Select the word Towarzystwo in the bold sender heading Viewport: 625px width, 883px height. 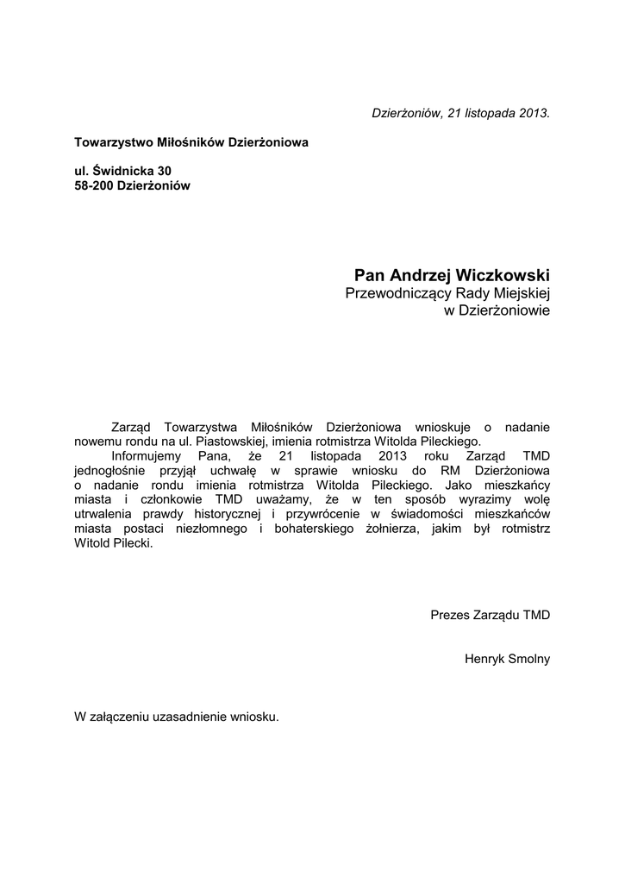111,141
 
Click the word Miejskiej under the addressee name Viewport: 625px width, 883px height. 520,295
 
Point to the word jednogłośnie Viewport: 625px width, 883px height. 110,471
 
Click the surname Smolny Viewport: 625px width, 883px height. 528,659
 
